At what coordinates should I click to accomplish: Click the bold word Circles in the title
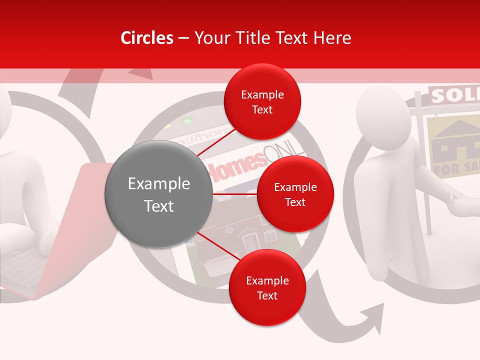click(x=147, y=38)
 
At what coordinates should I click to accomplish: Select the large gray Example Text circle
click(x=159, y=194)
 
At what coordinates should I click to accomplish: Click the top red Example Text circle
click(x=262, y=101)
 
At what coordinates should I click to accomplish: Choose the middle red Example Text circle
click(x=295, y=194)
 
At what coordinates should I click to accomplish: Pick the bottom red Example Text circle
click(x=267, y=287)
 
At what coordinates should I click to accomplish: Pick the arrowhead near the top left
click(x=142, y=73)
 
